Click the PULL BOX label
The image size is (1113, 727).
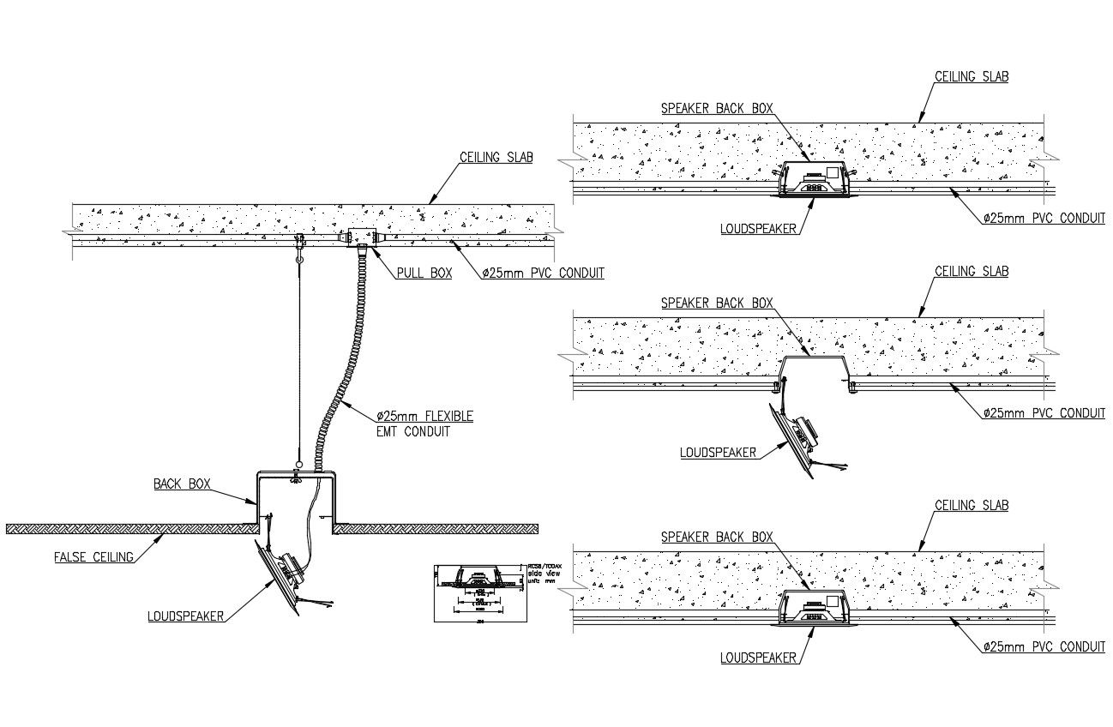424,273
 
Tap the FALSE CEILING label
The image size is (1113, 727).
93,557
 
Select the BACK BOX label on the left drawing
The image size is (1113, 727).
182,484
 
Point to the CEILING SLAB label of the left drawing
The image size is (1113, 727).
496,158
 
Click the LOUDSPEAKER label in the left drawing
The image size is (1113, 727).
185,616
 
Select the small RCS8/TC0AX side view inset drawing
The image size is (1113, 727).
480,591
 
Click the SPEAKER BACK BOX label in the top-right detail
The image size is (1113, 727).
717,109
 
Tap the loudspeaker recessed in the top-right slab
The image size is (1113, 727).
813,182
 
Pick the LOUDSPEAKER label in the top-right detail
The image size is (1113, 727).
759,229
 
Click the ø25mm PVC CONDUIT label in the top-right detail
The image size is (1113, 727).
1044,219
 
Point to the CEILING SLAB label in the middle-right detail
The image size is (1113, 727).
971,272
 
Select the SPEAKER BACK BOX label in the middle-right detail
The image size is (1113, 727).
717,303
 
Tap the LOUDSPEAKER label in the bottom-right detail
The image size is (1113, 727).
759,658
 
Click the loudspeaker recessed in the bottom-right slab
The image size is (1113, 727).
813,611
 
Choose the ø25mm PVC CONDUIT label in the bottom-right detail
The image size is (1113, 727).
1044,646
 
